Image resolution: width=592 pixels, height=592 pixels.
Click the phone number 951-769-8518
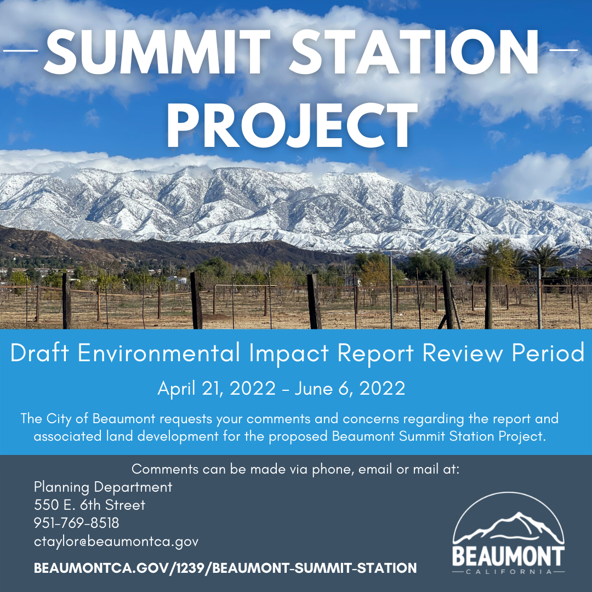(76, 523)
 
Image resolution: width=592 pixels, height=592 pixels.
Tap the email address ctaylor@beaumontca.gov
(116, 542)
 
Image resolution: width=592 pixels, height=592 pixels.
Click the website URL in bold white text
(225, 568)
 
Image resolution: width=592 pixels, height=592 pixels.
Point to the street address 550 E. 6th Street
(89, 505)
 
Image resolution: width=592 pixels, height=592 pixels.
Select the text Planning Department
(103, 487)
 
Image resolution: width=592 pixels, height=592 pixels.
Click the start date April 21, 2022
(217, 389)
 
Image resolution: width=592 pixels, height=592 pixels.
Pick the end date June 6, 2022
(350, 389)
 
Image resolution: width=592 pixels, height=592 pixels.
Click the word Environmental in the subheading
(158, 354)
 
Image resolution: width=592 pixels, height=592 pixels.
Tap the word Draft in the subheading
(41, 354)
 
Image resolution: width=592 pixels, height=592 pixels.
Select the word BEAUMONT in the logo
(508, 556)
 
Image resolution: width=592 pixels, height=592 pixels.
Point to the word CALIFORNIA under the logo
(508, 572)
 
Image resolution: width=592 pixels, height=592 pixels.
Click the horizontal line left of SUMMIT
(20, 50)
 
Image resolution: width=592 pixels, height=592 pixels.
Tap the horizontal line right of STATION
(562, 50)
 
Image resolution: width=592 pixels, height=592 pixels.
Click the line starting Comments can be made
(295, 470)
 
